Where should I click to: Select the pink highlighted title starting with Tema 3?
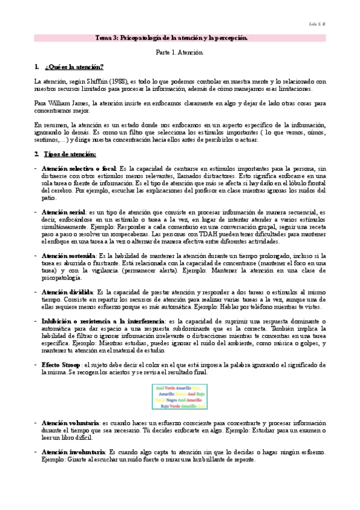[180, 38]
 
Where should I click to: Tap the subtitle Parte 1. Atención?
[180, 53]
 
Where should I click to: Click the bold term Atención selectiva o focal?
[79, 170]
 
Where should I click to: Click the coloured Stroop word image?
[180, 397]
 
